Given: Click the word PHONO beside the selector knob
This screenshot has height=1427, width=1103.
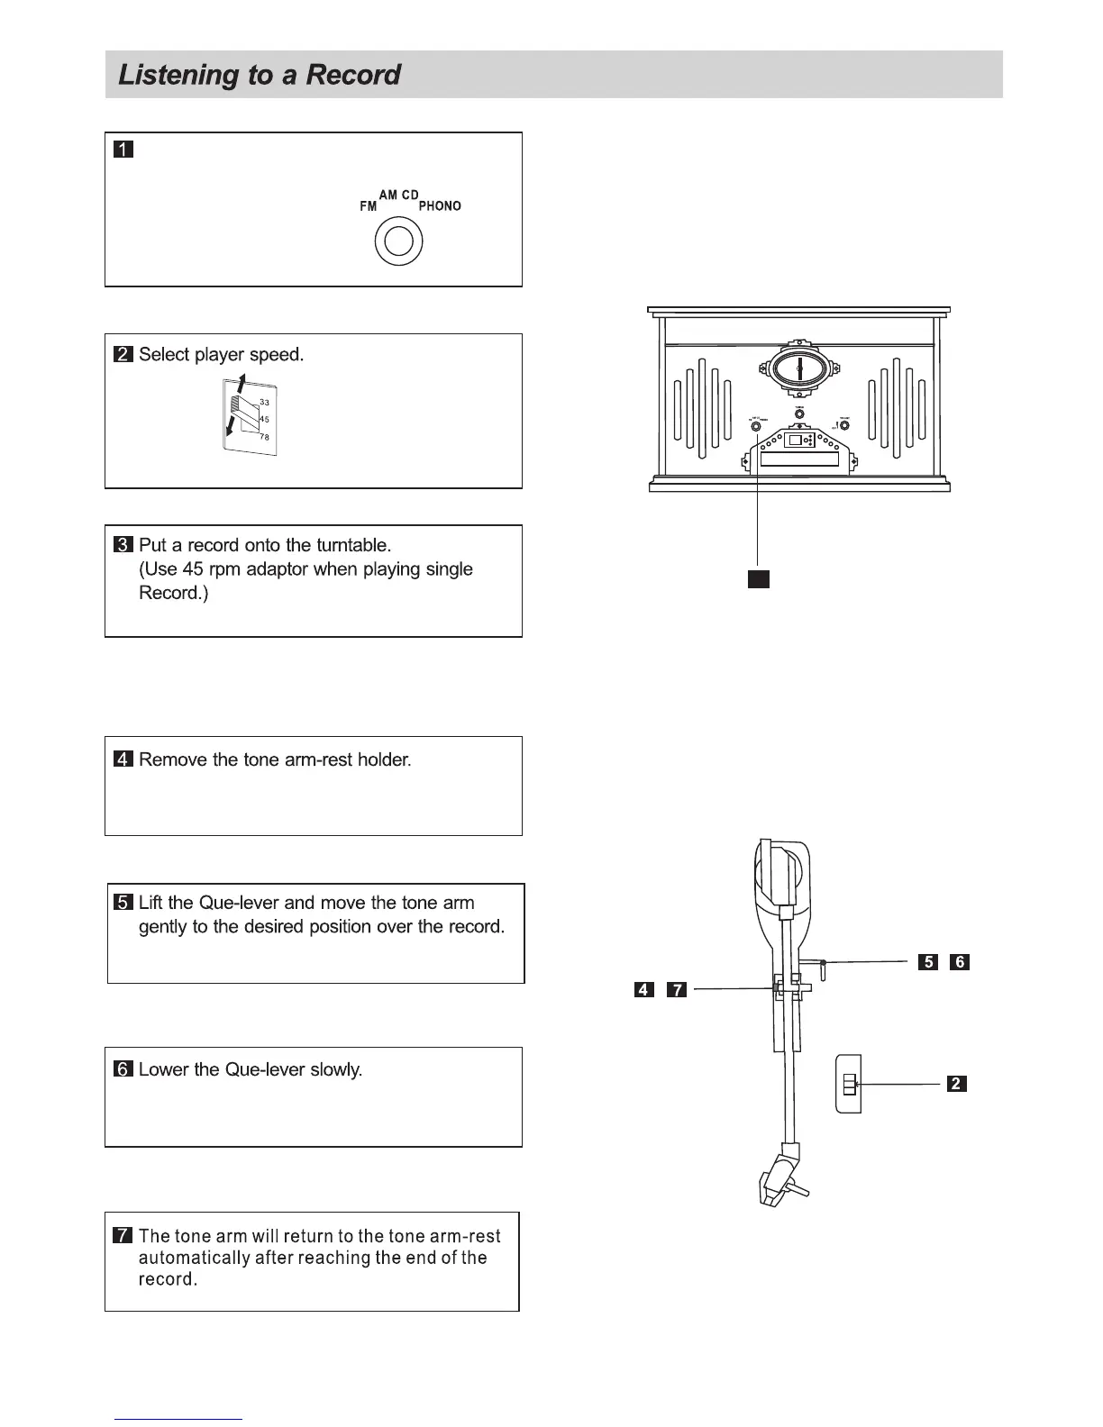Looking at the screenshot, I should (x=440, y=206).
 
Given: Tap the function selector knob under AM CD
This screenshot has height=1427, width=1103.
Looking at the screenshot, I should (x=398, y=241).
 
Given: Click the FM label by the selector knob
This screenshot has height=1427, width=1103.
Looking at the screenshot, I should (x=368, y=206).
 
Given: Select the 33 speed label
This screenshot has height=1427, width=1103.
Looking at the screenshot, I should (x=264, y=402).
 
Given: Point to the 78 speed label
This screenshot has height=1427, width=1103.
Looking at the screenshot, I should (x=264, y=437).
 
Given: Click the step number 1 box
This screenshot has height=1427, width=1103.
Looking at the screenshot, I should (x=123, y=150).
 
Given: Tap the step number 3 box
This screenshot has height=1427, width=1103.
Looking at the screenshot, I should (x=123, y=545).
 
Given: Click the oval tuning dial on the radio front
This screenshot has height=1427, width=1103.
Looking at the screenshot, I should (x=798, y=368).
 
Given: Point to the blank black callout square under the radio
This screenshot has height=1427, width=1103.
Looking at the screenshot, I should (x=758, y=577).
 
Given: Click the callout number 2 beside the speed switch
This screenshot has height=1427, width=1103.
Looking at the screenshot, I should (x=956, y=1084).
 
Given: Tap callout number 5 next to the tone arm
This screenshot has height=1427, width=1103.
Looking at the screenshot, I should (x=927, y=962).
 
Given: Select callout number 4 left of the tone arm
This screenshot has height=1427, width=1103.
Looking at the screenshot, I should (x=643, y=990).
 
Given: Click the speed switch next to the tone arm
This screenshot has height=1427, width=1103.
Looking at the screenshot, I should (x=849, y=1084).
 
